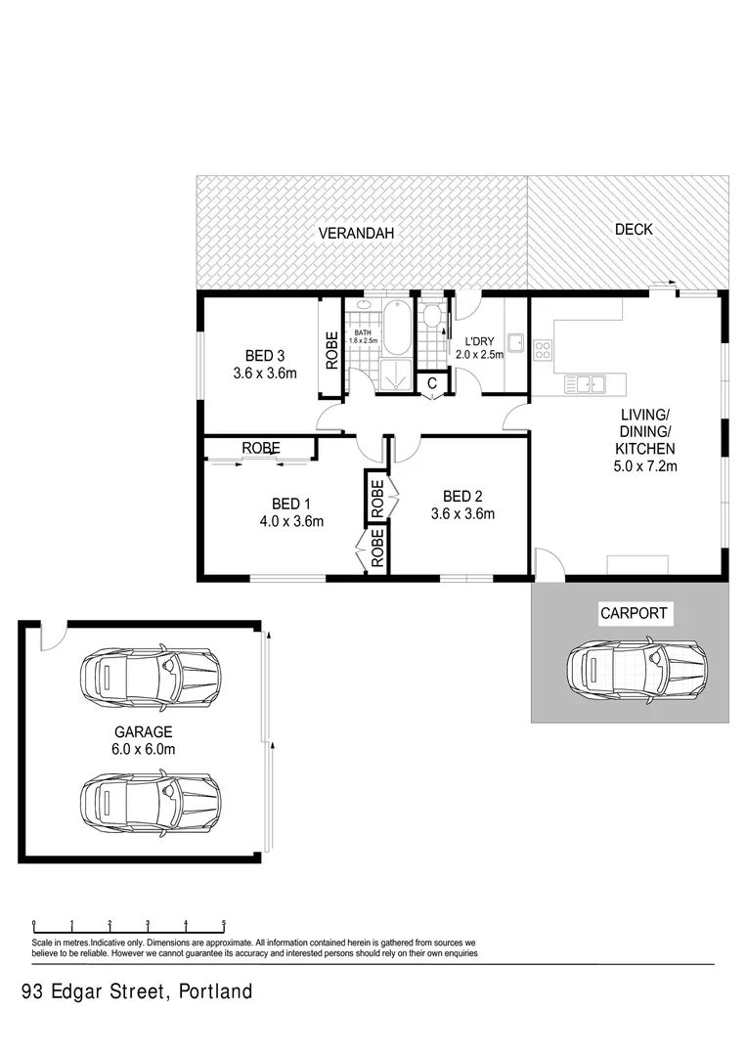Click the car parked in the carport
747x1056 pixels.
pos(636,669)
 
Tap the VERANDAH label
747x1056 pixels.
pos(359,234)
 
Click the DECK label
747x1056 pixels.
pos(633,230)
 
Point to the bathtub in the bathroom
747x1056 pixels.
pos(396,329)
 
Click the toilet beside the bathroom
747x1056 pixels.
pos(432,317)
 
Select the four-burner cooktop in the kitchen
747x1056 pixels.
pos(543,348)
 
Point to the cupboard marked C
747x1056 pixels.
pos(431,384)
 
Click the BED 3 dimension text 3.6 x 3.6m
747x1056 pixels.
pos(264,373)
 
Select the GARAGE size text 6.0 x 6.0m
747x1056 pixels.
pos(143,749)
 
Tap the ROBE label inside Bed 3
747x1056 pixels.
pos(330,349)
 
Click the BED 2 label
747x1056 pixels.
pos(462,496)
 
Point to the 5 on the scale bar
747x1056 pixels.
pos(224,921)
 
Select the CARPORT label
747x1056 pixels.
pos(634,614)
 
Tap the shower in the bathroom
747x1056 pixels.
pos(397,374)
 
